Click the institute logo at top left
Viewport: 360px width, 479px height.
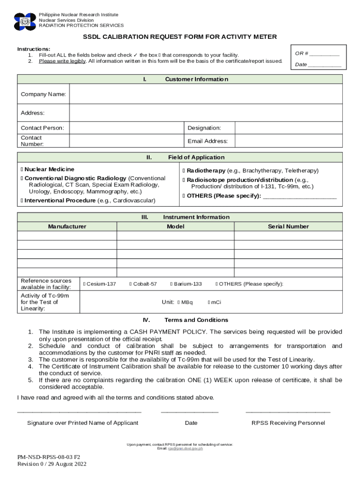point(25,22)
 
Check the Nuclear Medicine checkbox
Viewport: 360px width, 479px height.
point(22,169)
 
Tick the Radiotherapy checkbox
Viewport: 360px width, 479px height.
point(184,171)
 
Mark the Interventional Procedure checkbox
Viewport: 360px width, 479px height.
point(22,201)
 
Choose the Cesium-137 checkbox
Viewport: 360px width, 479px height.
point(84,284)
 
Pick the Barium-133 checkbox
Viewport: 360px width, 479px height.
point(172,284)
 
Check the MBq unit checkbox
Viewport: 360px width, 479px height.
point(179,302)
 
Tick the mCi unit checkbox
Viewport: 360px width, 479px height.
point(209,302)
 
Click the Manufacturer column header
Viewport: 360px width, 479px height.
point(67,226)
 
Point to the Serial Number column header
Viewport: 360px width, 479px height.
point(288,226)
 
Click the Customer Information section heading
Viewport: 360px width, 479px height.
point(196,80)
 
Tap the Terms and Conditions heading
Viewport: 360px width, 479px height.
point(196,320)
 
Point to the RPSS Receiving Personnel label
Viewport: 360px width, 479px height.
point(288,423)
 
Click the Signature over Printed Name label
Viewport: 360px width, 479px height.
point(83,423)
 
